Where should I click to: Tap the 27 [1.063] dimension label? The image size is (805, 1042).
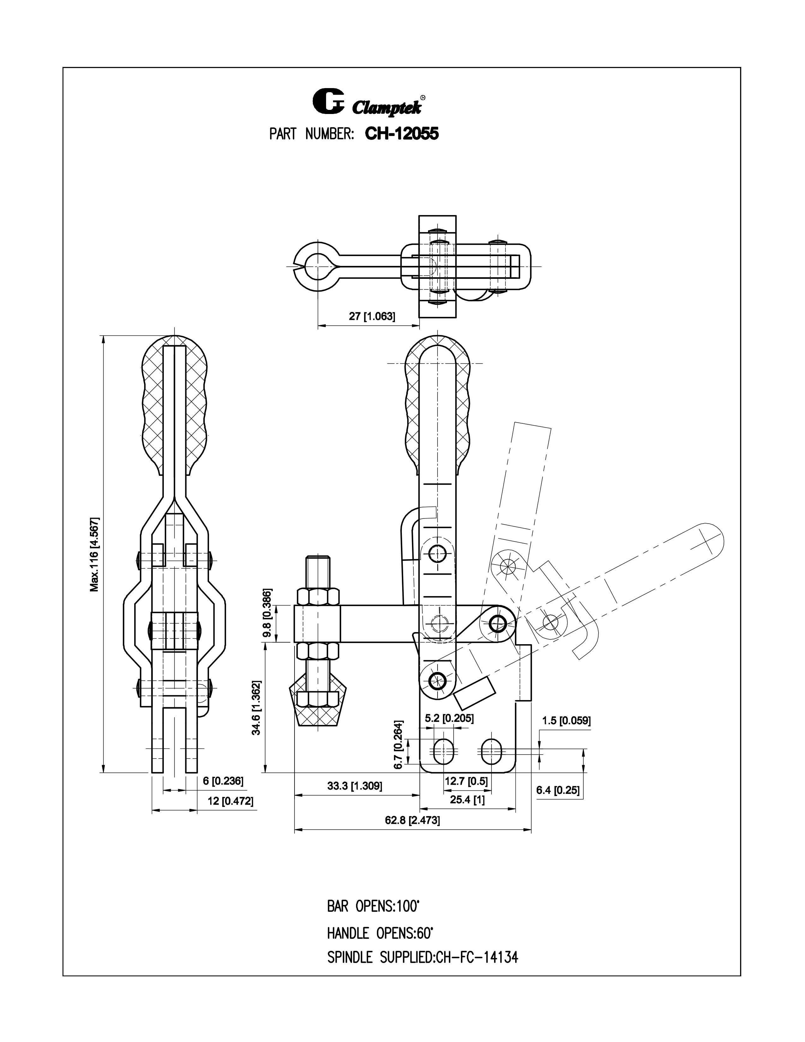372,316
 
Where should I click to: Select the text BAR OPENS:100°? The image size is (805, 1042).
373,907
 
